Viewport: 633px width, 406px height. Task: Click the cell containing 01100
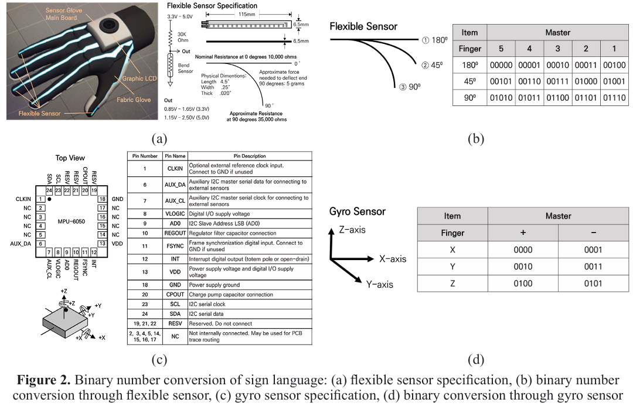point(557,98)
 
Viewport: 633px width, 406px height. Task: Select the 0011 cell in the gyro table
point(593,267)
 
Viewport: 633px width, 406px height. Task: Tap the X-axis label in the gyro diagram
point(392,259)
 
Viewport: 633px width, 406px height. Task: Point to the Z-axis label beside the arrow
point(352,230)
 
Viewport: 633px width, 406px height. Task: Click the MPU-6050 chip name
point(71,221)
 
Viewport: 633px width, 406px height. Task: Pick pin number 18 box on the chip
point(103,199)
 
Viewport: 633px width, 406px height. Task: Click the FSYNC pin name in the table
point(175,246)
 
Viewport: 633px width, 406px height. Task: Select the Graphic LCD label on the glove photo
point(139,79)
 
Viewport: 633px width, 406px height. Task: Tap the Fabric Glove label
point(134,100)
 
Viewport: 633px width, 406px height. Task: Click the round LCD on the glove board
point(108,26)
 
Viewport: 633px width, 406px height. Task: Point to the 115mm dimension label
point(247,14)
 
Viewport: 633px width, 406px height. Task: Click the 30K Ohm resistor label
point(182,37)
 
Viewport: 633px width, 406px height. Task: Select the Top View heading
point(70,158)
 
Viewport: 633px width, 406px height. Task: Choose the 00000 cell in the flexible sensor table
point(501,65)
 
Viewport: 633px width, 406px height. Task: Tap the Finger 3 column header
point(557,49)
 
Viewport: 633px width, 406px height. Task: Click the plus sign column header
point(523,233)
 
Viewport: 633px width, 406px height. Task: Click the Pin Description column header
point(250,156)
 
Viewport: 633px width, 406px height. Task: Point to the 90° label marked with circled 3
point(409,87)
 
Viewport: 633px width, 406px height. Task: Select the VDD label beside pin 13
point(117,244)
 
